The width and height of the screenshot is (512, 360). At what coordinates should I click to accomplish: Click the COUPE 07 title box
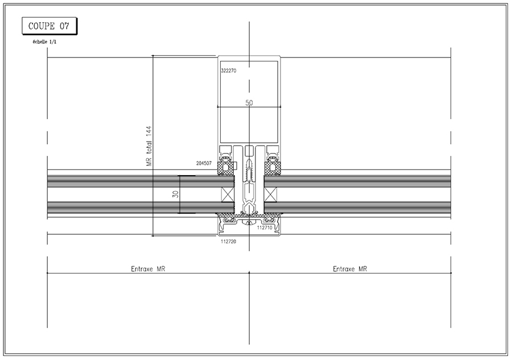pyautogui.click(x=49, y=26)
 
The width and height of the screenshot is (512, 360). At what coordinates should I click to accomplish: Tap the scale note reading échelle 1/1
pyautogui.click(x=45, y=42)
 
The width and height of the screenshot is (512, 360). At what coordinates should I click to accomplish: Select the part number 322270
pyautogui.click(x=229, y=71)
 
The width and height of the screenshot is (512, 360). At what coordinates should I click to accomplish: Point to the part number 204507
pyautogui.click(x=204, y=163)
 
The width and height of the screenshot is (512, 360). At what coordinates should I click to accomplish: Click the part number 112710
pyautogui.click(x=265, y=227)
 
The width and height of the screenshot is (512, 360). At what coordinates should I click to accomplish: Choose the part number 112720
pyautogui.click(x=229, y=242)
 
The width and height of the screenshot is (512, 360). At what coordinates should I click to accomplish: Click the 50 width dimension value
pyautogui.click(x=249, y=103)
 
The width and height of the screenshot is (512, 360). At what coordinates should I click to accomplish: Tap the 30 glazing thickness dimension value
pyautogui.click(x=176, y=194)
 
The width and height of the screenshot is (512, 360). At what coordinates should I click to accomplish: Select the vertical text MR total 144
pyautogui.click(x=149, y=146)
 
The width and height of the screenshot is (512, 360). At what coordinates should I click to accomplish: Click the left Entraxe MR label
pyautogui.click(x=148, y=269)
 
